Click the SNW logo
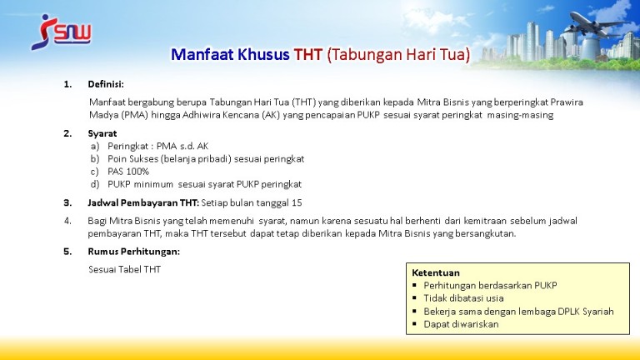(61, 32)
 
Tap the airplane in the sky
(595, 24)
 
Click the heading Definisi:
(106, 84)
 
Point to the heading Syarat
(102, 133)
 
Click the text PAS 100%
(128, 172)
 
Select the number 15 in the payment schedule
(297, 202)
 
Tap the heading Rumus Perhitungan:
(134, 252)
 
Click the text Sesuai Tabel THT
(124, 269)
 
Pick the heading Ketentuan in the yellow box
(436, 272)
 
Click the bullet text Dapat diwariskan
(461, 324)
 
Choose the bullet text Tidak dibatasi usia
(463, 298)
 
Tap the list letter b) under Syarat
(95, 159)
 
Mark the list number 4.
(67, 221)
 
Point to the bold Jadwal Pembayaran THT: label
(143, 202)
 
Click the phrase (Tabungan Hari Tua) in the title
(398, 54)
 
